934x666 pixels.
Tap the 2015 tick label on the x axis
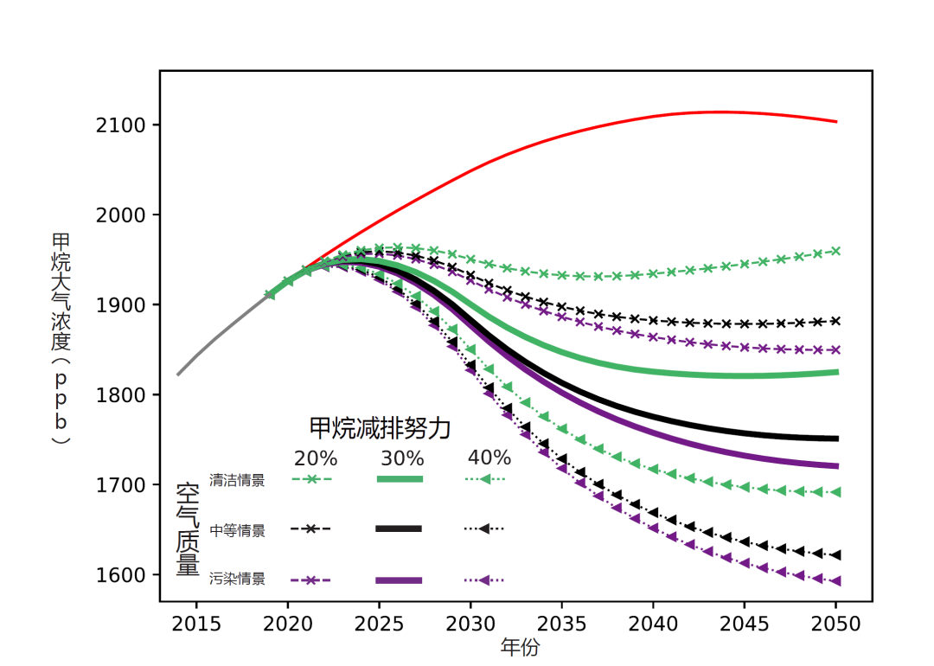point(196,624)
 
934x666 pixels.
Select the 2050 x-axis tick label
point(836,624)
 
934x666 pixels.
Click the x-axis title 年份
point(520,647)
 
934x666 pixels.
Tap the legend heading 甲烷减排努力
point(381,427)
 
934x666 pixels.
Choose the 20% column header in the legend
point(316,458)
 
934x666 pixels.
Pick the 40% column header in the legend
point(489,458)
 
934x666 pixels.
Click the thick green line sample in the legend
point(399,478)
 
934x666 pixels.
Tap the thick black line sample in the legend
point(399,528)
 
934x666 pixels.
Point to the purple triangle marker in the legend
point(486,580)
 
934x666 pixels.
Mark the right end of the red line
point(836,122)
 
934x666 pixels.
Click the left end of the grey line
point(178,375)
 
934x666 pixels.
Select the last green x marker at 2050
point(836,251)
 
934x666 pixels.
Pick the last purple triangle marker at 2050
point(836,581)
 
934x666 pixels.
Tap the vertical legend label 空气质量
point(188,529)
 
